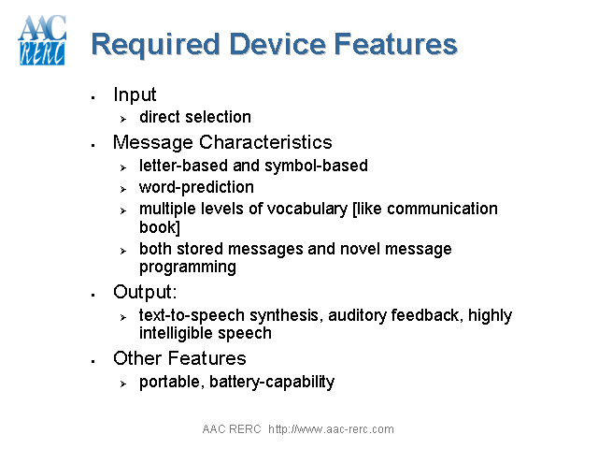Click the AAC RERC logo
42,40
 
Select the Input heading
135,94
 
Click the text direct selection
194,117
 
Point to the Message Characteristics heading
222,142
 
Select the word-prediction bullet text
196,187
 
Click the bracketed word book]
160,226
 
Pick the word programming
188,267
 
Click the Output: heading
144,292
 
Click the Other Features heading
179,358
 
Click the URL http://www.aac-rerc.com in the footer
331,429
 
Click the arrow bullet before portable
122,384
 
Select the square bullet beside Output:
93,295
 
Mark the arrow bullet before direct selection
122,119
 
